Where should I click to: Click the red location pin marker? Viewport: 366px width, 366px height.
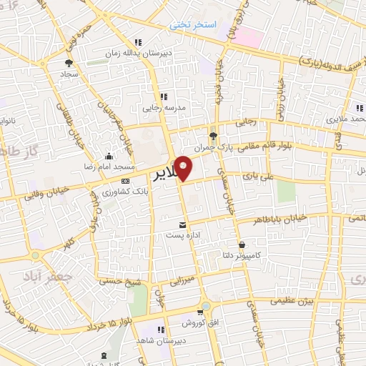point(184,167)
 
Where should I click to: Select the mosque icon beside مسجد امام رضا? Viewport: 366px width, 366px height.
point(108,157)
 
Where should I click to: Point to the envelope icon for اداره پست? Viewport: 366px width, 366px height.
point(183,225)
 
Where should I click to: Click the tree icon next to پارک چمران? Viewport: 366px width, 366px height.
point(213,135)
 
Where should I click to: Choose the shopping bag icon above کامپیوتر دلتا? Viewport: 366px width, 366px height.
point(242,244)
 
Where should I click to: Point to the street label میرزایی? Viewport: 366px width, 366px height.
point(179,279)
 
